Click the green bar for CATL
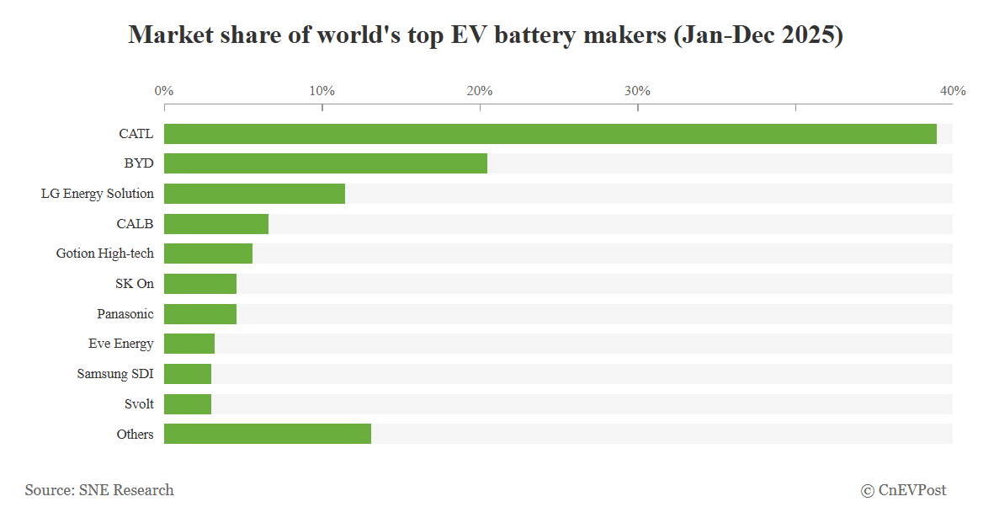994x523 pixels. tap(550, 134)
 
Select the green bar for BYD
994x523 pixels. tap(326, 163)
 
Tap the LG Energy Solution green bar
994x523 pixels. tap(254, 194)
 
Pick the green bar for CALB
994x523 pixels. tap(216, 224)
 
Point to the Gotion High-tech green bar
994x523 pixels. tap(208, 253)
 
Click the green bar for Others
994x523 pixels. tap(268, 434)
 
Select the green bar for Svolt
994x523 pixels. tap(188, 404)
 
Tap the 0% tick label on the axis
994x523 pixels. tap(164, 91)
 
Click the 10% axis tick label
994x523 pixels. tap(322, 91)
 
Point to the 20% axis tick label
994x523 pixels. tap(480, 91)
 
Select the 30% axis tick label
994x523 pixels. tap(637, 91)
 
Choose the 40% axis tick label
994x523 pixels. tap(953, 91)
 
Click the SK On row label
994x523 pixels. tap(135, 284)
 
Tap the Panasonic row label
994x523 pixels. tap(125, 314)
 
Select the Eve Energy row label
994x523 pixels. tap(121, 344)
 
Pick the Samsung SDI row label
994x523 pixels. tap(115, 374)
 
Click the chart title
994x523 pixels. tap(486, 35)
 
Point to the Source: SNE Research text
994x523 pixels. tap(99, 490)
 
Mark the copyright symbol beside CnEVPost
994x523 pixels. tap(867, 491)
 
